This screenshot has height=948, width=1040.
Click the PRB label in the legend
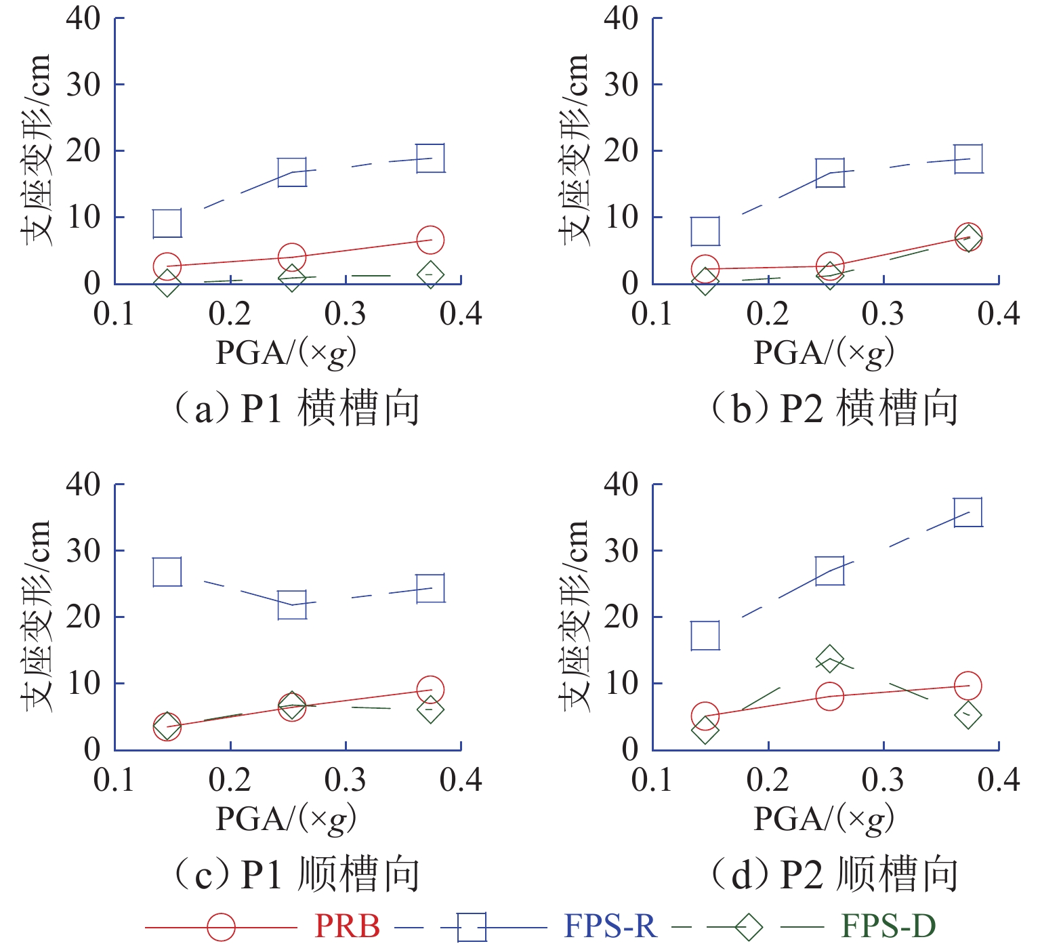coord(347,926)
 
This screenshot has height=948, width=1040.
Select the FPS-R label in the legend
coord(610,926)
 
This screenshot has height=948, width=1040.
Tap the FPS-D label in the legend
coord(888,926)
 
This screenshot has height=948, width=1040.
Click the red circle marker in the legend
coord(221,926)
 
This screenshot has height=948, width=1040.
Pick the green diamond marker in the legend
coord(748,926)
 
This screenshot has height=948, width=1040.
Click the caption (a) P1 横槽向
coord(296,409)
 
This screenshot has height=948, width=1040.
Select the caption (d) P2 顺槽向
coord(834,874)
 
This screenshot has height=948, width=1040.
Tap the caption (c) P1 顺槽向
coord(296,874)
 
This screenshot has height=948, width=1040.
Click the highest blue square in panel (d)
coord(968,512)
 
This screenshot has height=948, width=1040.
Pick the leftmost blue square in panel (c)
coord(167,572)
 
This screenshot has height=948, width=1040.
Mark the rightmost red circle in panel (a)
coord(430,240)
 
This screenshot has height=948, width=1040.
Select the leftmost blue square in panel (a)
coord(167,224)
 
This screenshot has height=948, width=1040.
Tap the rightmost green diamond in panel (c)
coord(430,710)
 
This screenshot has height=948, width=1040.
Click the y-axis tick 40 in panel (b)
coord(621,18)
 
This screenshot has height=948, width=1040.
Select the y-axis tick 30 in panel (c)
coord(83,551)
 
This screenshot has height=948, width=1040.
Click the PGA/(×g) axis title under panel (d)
coord(824,819)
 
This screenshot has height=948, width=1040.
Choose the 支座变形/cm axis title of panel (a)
coord(35,150)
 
